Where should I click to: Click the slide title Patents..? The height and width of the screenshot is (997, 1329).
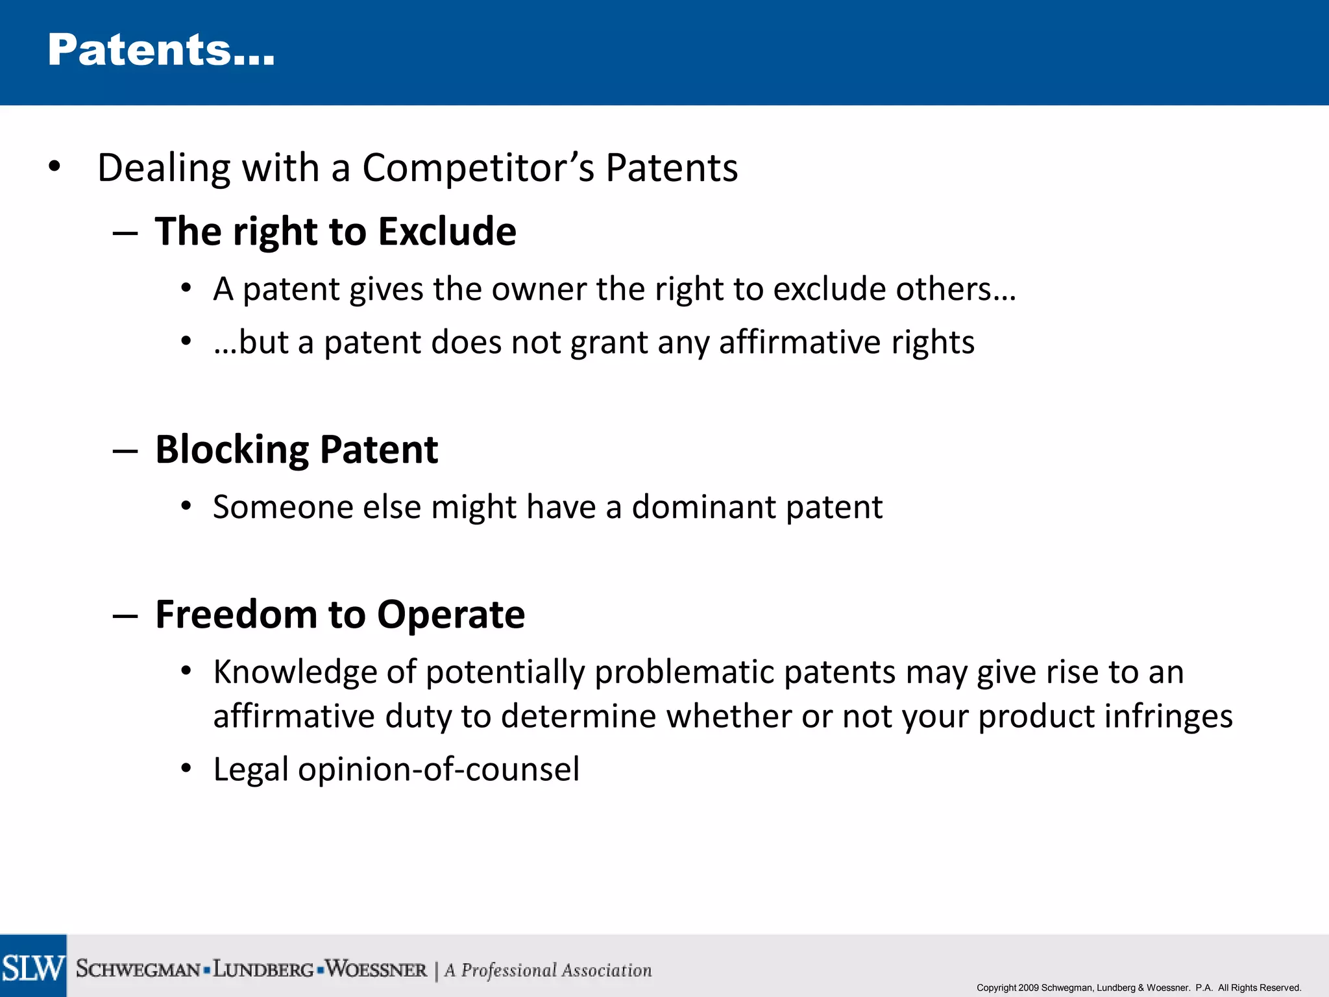(161, 51)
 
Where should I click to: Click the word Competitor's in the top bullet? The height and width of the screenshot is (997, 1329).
(478, 168)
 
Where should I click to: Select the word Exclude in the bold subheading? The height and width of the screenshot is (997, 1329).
(447, 232)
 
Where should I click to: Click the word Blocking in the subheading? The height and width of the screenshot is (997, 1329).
(232, 450)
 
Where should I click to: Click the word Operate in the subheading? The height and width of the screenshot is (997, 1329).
(451, 615)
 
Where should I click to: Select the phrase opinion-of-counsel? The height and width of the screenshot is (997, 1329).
(439, 770)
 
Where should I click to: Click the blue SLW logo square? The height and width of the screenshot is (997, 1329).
(32, 966)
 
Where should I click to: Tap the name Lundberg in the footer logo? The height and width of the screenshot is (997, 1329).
(263, 969)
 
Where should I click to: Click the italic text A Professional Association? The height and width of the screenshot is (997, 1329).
(548, 970)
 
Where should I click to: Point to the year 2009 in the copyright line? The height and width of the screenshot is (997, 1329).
(1029, 988)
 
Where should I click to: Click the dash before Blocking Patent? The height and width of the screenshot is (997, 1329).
(125, 450)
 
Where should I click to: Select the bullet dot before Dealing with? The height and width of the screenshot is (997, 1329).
(55, 167)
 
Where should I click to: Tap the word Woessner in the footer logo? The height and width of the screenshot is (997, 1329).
(376, 969)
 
